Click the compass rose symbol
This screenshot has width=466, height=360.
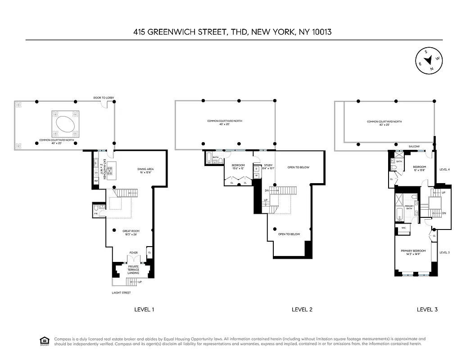pyautogui.click(x=428, y=60)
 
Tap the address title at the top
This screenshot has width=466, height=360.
pyautogui.click(x=233, y=32)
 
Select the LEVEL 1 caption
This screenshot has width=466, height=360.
pyautogui.click(x=145, y=309)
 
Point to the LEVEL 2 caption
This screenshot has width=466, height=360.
pyautogui.click(x=302, y=309)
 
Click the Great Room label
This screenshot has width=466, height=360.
pyautogui.click(x=131, y=233)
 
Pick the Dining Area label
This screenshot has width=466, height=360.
pyautogui.click(x=145, y=171)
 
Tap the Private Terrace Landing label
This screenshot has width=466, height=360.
pyautogui.click(x=133, y=270)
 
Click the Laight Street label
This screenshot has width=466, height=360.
pyautogui.click(x=121, y=293)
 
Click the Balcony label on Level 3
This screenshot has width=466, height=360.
pyautogui.click(x=414, y=147)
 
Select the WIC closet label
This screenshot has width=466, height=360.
pyautogui.click(x=403, y=229)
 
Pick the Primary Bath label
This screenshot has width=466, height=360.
pyautogui.click(x=409, y=207)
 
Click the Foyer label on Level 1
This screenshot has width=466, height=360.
pyautogui.click(x=133, y=253)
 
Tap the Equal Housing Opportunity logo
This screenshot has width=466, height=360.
pyautogui.click(x=44, y=340)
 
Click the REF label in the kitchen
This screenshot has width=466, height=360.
pyautogui.click(x=96, y=181)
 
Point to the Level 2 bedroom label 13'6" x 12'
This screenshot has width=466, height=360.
pyautogui.click(x=238, y=167)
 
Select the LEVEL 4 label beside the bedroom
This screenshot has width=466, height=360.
pyautogui.click(x=444, y=170)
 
